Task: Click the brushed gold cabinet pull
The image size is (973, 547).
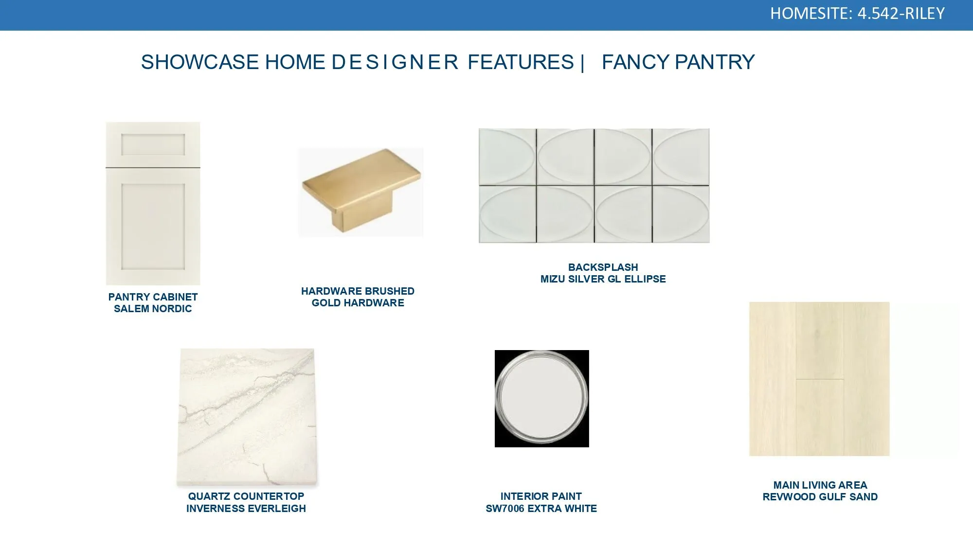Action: click(361, 190)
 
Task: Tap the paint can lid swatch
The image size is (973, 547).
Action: click(541, 399)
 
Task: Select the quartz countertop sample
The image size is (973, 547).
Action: click(247, 417)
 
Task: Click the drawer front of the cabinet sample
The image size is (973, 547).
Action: click(153, 144)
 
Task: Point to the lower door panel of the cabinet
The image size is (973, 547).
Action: click(153, 227)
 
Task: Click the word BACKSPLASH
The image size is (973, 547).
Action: click(603, 267)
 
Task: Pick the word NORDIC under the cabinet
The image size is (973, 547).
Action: click(172, 309)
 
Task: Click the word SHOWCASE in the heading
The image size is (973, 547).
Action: click(200, 62)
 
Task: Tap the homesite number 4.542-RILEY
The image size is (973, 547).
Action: click(901, 13)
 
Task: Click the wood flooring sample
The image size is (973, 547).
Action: click(819, 379)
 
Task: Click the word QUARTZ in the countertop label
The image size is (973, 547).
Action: click(207, 496)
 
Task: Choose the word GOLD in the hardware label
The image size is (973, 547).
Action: click(326, 303)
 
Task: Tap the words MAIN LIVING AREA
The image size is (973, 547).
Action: click(820, 485)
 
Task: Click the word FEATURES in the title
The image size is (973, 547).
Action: click(521, 62)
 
